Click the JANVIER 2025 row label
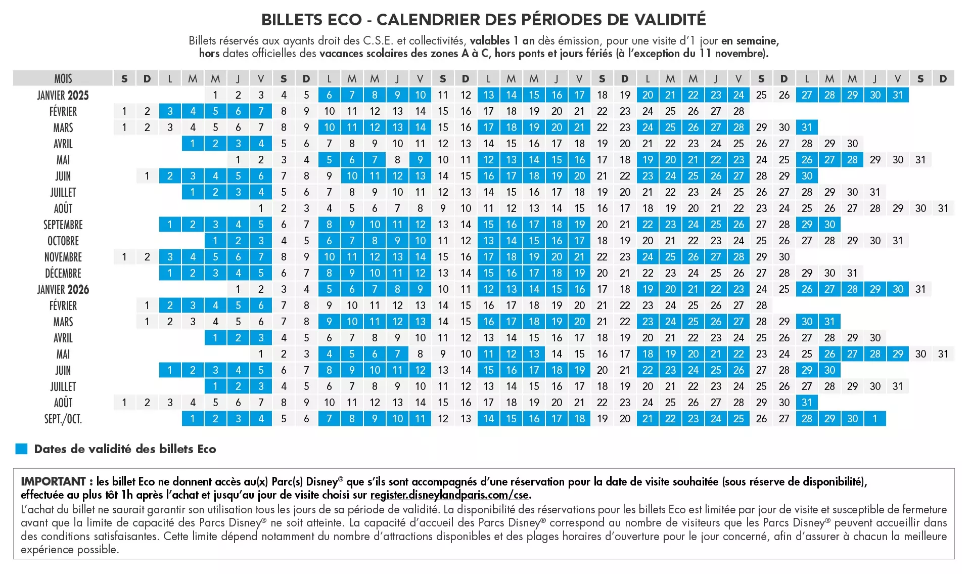tap(63, 95)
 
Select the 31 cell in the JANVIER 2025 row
tap(898, 95)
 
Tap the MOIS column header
tap(63, 78)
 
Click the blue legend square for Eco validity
tap(21, 449)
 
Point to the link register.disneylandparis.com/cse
tap(449, 495)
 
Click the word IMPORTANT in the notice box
tap(53, 481)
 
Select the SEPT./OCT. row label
tap(63, 419)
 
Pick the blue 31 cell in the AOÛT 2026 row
tap(807, 403)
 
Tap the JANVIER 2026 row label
tap(63, 289)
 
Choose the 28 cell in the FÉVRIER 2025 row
tap(738, 111)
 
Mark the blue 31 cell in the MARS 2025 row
tap(807, 127)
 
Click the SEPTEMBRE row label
tap(63, 225)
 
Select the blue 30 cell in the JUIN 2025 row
tap(807, 176)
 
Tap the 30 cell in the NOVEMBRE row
tap(784, 257)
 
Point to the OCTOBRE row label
tap(63, 241)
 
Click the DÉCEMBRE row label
tap(63, 273)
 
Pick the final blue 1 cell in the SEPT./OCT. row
tap(875, 419)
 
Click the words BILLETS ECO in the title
tap(311, 20)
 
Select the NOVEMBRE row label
tap(63, 257)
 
